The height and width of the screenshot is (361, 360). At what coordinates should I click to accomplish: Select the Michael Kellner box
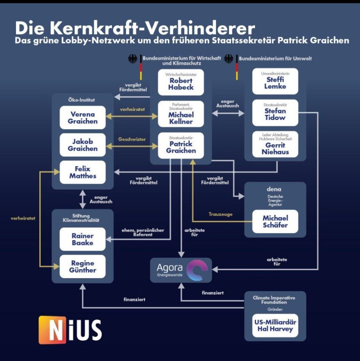[181, 114]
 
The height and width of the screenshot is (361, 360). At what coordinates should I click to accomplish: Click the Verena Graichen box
[82, 118]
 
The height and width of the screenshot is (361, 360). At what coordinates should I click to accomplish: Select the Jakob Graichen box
[82, 145]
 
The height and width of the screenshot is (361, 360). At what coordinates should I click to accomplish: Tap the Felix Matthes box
[82, 172]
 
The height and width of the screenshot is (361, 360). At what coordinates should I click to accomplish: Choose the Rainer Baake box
[82, 239]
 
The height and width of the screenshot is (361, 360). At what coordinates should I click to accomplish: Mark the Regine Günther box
[82, 267]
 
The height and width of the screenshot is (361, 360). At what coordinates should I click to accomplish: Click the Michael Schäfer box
[275, 221]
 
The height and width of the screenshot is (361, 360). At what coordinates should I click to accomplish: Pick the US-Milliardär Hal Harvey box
[275, 325]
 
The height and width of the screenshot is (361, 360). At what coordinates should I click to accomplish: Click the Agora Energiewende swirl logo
[195, 271]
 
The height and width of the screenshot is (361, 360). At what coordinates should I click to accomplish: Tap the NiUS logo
[70, 330]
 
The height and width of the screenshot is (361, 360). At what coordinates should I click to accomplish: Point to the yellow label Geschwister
[132, 139]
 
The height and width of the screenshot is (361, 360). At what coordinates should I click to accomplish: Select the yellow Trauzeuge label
[220, 214]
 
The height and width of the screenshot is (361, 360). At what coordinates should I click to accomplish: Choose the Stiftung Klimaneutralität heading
[82, 216]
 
